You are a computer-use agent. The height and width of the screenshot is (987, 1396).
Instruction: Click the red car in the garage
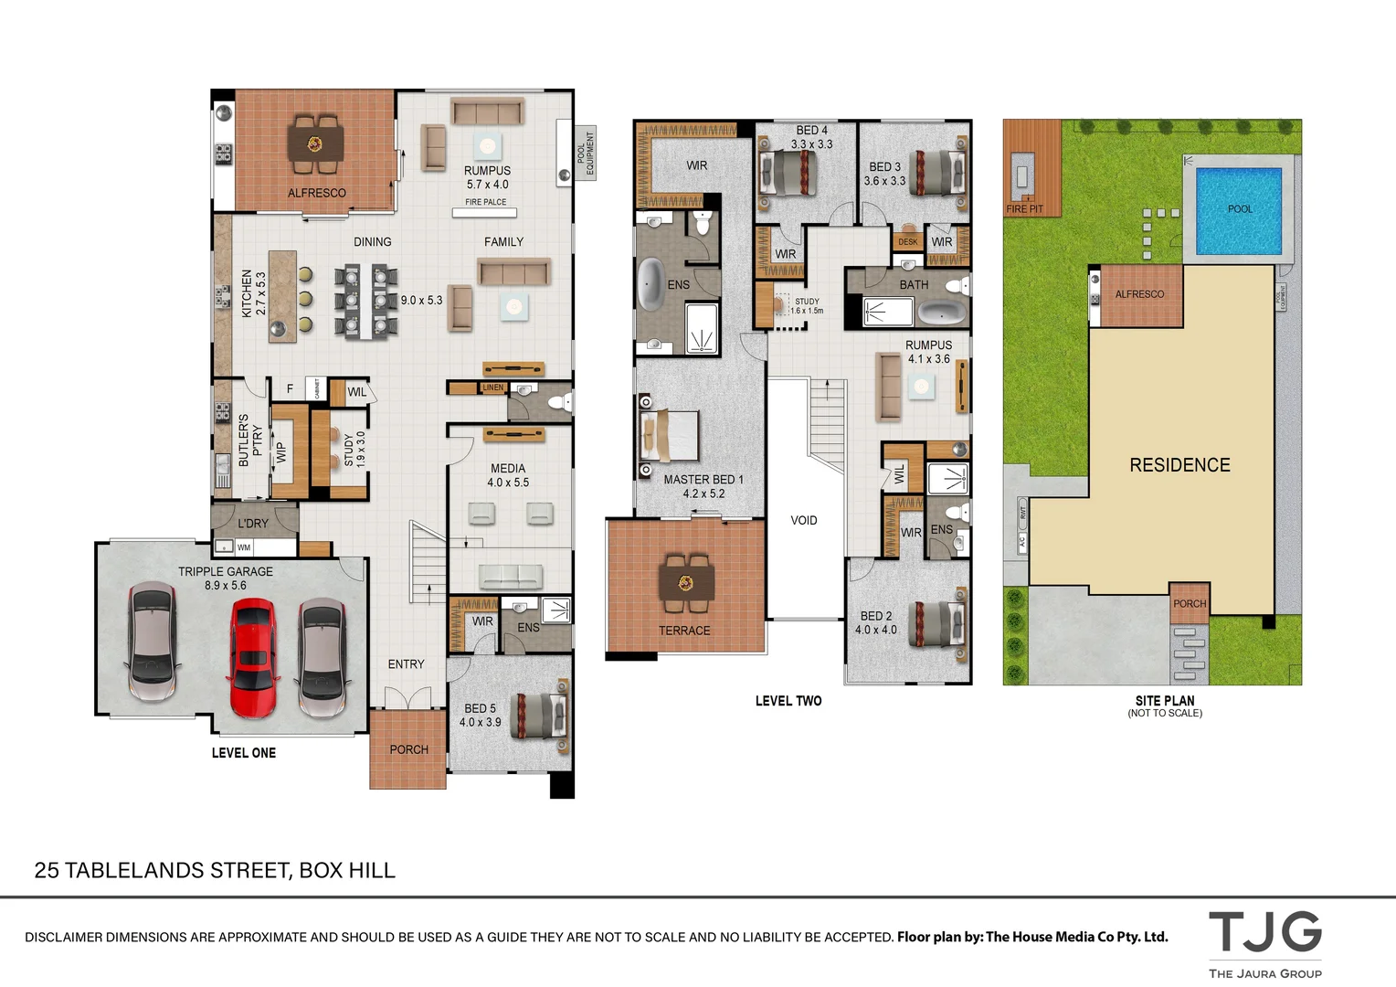click(x=252, y=657)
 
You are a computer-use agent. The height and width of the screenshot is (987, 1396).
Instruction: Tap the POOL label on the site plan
click(x=1240, y=209)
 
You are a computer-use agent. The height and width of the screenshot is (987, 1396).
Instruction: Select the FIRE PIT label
click(x=1024, y=209)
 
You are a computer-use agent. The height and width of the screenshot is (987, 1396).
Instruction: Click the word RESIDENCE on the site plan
click(x=1179, y=465)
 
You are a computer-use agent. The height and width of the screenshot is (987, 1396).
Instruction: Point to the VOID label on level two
click(x=804, y=521)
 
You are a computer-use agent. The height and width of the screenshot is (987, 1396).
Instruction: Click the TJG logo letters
click(x=1265, y=932)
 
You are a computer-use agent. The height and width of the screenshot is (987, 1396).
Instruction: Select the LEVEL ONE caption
click(x=244, y=753)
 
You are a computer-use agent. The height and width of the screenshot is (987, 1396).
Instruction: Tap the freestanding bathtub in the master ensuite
click(x=650, y=283)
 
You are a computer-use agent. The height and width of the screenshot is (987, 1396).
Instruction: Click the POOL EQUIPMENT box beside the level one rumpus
click(x=586, y=153)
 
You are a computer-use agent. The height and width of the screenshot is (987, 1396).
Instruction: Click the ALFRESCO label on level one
click(x=317, y=193)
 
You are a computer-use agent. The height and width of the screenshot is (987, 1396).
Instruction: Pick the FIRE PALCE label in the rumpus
click(x=485, y=202)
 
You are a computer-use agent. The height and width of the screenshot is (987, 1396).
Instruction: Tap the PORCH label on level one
click(x=408, y=749)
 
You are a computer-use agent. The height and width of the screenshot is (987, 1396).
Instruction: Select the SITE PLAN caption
click(x=1165, y=701)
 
